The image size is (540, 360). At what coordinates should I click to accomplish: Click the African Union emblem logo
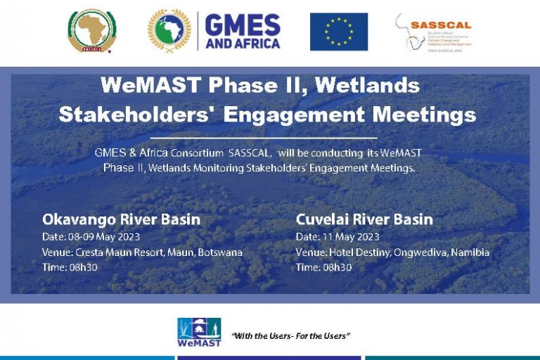(x=92, y=31)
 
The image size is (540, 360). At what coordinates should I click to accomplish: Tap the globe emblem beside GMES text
(x=170, y=31)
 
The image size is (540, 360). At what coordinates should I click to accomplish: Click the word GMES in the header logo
(x=243, y=25)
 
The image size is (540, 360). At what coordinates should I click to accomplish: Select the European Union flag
(x=339, y=32)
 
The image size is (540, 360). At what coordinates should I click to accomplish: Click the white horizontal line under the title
(x=264, y=137)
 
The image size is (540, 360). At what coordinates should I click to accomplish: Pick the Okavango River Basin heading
(x=121, y=219)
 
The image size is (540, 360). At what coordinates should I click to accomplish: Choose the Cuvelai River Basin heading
(x=364, y=219)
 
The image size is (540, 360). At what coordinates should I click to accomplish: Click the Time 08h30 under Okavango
(x=70, y=268)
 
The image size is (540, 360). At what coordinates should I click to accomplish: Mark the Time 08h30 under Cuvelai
(x=323, y=268)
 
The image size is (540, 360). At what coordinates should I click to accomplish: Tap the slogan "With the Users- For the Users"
(x=290, y=336)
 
